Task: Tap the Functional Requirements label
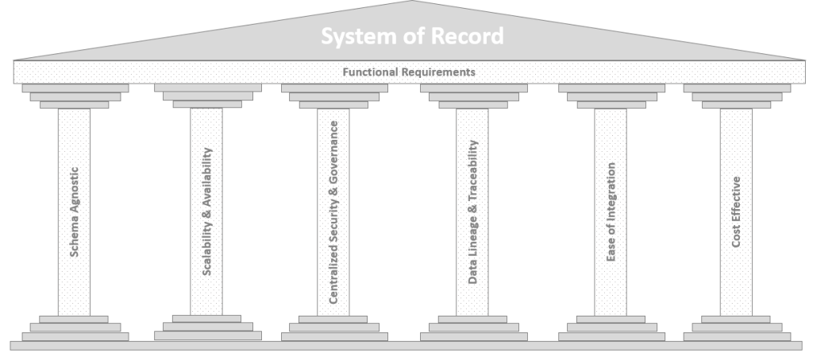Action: (x=409, y=72)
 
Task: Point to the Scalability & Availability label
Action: (x=206, y=211)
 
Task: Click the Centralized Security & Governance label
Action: (x=333, y=212)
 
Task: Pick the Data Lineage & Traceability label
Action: (x=472, y=212)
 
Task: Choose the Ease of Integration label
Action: (x=611, y=212)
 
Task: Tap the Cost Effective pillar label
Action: (x=736, y=212)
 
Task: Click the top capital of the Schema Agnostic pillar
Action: (x=75, y=96)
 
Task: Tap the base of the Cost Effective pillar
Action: (x=736, y=328)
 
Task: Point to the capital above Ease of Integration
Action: (x=611, y=96)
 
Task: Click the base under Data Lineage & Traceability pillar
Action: (x=472, y=328)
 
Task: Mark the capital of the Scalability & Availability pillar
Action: (x=206, y=96)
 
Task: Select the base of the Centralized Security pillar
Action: (x=333, y=328)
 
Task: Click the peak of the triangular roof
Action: (x=412, y=3)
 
